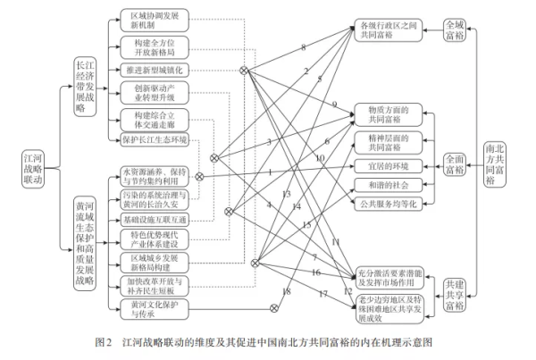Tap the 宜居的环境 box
point(387,165)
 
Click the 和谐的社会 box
point(387,184)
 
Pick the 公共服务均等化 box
point(387,204)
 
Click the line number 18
point(287,291)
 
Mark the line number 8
point(303,46)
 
